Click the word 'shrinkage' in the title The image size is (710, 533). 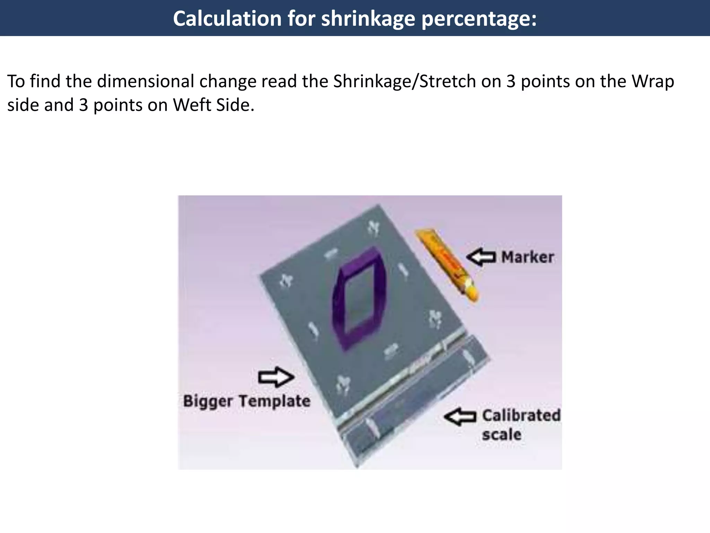click(368, 19)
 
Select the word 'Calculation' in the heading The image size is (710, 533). click(227, 19)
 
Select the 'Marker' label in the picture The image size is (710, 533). click(527, 257)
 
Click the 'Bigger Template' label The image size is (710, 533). click(246, 401)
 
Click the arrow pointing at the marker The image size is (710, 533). click(481, 257)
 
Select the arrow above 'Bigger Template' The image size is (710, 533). click(276, 377)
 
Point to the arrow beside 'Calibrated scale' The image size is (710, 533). click(460, 417)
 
